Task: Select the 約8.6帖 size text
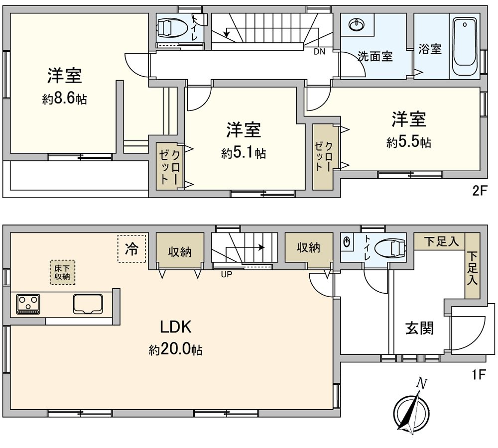click(64, 99)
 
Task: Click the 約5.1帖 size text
click(244, 153)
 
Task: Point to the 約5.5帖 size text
click(409, 143)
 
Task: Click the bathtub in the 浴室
click(464, 47)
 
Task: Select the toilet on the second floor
click(173, 28)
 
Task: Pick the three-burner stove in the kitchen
click(28, 304)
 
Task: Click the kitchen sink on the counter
click(88, 304)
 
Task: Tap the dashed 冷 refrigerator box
click(132, 248)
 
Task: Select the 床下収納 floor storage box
click(63, 272)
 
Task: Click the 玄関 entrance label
click(419, 329)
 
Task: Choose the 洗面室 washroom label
click(375, 56)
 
